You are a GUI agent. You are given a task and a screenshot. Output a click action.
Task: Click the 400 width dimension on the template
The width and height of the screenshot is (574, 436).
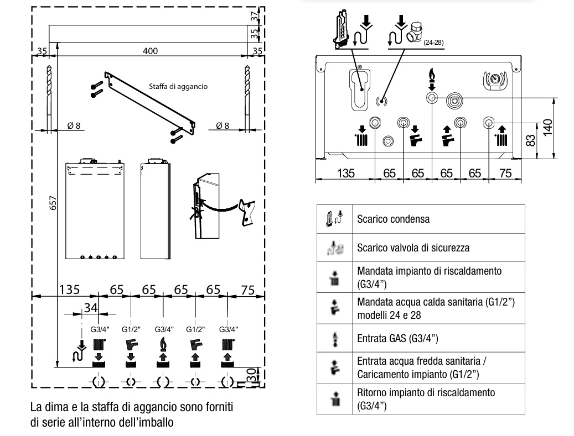tap(150, 51)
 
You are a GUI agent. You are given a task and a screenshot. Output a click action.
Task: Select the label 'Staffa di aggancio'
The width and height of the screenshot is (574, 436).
tap(178, 86)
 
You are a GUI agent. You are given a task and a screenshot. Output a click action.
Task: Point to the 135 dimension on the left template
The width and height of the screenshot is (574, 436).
tap(70, 290)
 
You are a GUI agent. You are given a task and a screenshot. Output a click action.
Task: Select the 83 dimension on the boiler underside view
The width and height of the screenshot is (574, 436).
tap(531, 141)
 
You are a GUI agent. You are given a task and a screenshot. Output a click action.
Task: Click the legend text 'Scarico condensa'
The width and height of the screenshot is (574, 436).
tap(393, 219)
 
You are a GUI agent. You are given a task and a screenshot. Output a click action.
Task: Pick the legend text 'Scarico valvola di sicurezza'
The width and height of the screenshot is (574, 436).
tap(413, 248)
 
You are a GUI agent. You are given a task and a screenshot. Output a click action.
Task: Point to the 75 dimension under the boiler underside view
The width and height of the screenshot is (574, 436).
tap(505, 173)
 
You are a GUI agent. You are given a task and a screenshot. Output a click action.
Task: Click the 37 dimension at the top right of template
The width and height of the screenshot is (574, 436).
tap(254, 16)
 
